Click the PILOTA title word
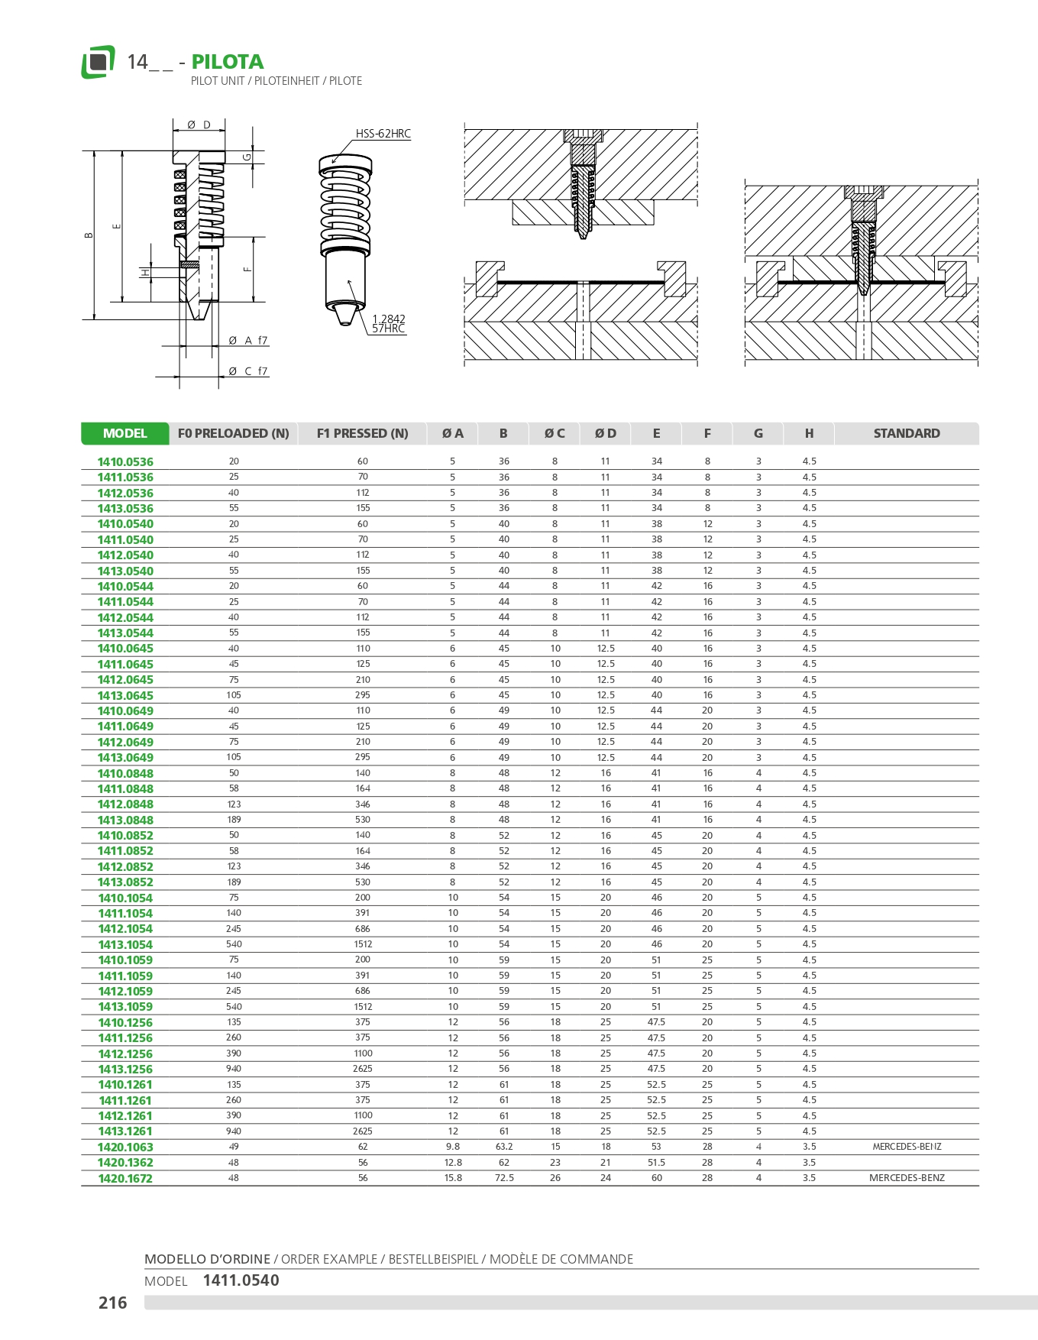(227, 62)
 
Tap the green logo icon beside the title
(98, 62)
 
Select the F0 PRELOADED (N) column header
(233, 433)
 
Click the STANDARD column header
(906, 433)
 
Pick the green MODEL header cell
(124, 433)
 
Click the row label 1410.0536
(125, 462)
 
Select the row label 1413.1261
(125, 1131)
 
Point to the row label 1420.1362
(125, 1163)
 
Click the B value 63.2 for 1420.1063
(504, 1147)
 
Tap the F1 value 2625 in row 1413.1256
(363, 1069)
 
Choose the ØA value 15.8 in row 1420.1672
(453, 1178)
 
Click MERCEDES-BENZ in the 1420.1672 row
(907, 1178)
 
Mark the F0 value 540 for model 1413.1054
(234, 944)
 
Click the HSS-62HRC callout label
(383, 134)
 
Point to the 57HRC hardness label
(388, 329)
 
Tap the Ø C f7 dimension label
(248, 371)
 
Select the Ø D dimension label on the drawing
(199, 125)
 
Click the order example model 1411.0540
(241, 1280)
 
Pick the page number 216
(113, 1303)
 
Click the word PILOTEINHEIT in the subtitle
(286, 81)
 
